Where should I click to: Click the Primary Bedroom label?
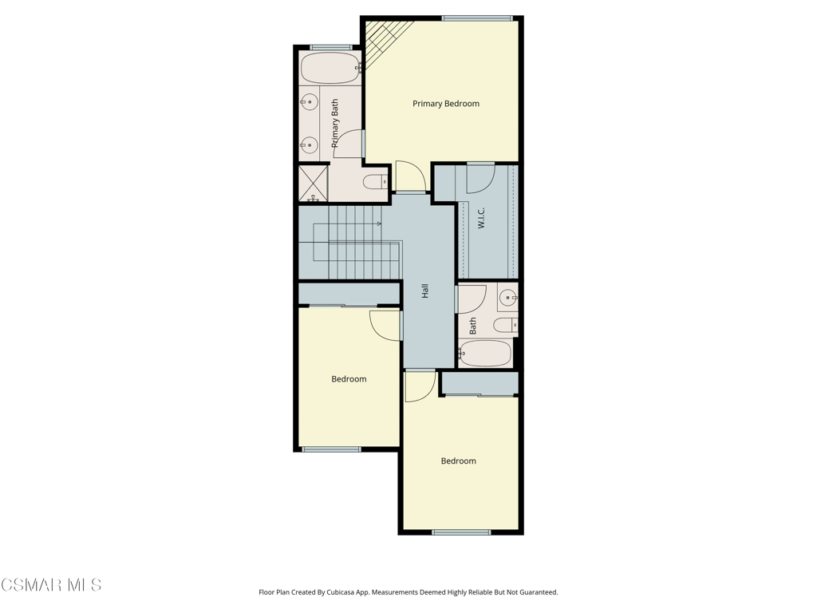click(x=445, y=104)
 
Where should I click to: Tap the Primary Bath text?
click(x=334, y=123)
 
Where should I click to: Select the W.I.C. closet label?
click(x=481, y=218)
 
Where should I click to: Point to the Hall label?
click(x=424, y=291)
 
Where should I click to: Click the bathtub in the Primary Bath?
click(x=331, y=68)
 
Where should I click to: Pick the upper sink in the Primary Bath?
click(x=310, y=102)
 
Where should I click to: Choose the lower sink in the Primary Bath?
click(x=310, y=145)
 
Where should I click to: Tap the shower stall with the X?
click(x=313, y=183)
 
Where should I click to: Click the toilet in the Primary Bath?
click(x=375, y=183)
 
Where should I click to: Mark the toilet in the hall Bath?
click(x=505, y=326)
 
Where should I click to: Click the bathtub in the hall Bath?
click(x=485, y=354)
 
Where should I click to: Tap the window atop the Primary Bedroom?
click(x=477, y=19)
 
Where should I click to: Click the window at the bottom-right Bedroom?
click(x=461, y=532)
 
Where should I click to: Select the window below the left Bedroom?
click(x=331, y=449)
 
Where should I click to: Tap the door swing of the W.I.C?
click(x=480, y=178)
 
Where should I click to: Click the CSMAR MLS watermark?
click(x=51, y=585)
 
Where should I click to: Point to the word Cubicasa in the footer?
click(x=340, y=592)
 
